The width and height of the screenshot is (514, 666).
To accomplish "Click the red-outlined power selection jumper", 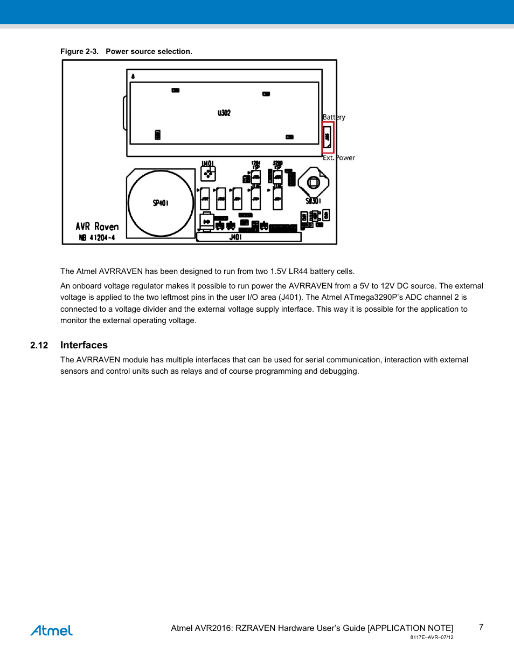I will click(x=328, y=137).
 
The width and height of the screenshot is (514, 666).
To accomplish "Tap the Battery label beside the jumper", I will click(x=334, y=117).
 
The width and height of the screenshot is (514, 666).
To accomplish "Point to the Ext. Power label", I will click(x=339, y=158).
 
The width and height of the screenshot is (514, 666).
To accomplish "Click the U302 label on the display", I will click(x=224, y=113).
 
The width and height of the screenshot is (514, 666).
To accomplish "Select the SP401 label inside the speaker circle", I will click(x=161, y=203).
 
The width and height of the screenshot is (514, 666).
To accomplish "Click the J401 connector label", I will click(x=235, y=237).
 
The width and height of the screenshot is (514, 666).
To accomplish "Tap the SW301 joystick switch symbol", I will click(x=314, y=183).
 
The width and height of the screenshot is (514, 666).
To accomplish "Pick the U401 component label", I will click(x=207, y=163).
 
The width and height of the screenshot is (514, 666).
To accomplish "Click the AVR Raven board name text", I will click(x=97, y=226).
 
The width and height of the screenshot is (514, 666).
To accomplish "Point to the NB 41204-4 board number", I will click(x=97, y=238).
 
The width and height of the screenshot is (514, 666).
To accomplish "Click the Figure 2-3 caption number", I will click(x=79, y=52).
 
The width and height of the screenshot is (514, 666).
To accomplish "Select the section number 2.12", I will click(x=39, y=346).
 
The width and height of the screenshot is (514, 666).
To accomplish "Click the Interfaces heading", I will click(x=84, y=345).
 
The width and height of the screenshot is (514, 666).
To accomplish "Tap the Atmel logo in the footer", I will click(x=52, y=630).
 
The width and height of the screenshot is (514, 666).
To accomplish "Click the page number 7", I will click(x=481, y=627).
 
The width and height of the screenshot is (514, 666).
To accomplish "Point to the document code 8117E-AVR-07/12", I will click(x=432, y=637).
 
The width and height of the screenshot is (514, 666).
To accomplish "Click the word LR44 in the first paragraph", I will click(x=297, y=271).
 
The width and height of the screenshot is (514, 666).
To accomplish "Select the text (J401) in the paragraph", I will click(x=290, y=298).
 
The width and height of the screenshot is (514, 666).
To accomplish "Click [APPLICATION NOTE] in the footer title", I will click(x=411, y=628).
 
